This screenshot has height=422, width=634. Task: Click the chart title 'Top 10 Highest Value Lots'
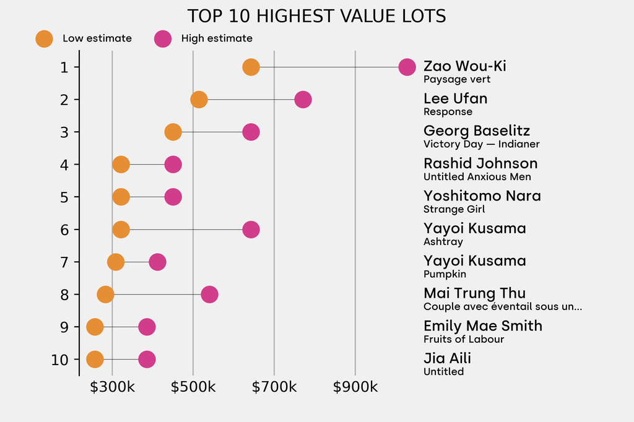click(316, 16)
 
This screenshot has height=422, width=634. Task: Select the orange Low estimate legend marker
click(44, 38)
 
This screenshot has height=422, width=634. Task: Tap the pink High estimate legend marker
click(163, 38)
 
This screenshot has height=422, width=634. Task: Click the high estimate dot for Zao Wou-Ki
click(407, 67)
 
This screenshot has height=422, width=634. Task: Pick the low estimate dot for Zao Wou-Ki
click(251, 67)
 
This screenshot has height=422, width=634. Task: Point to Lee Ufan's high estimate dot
click(303, 100)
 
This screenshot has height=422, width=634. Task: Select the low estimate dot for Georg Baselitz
click(173, 132)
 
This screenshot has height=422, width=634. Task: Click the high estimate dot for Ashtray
click(251, 230)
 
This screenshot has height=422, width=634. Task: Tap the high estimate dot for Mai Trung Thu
click(209, 295)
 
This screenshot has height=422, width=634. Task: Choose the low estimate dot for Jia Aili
click(95, 360)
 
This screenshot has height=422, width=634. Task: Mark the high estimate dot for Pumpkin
click(157, 262)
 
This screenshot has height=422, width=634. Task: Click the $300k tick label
click(112, 387)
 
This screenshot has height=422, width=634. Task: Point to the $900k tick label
click(355, 387)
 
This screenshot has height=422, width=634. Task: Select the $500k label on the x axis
click(193, 387)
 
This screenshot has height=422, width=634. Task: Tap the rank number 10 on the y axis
click(60, 360)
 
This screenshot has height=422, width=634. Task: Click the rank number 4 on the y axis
click(64, 165)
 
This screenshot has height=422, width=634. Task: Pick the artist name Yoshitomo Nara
click(482, 196)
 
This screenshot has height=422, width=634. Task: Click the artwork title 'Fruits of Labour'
click(464, 339)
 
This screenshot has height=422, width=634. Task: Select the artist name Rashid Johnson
click(480, 163)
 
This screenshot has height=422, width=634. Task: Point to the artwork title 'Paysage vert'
click(457, 79)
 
